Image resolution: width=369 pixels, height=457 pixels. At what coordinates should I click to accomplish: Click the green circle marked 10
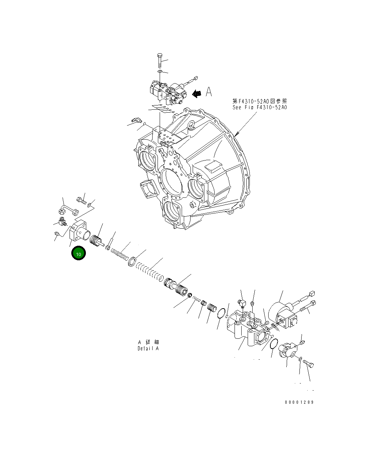[78, 253]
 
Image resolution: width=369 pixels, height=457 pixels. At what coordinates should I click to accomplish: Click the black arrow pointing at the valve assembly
[196, 93]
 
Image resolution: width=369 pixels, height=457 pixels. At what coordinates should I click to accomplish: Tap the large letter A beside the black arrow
[209, 92]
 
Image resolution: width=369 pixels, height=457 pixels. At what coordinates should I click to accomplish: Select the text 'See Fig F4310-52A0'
[260, 107]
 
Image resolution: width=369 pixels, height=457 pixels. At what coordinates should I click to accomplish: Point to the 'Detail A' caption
[148, 348]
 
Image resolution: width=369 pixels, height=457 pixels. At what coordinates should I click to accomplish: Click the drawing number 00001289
[299, 402]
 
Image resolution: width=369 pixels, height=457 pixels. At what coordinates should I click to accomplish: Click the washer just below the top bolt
[160, 72]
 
